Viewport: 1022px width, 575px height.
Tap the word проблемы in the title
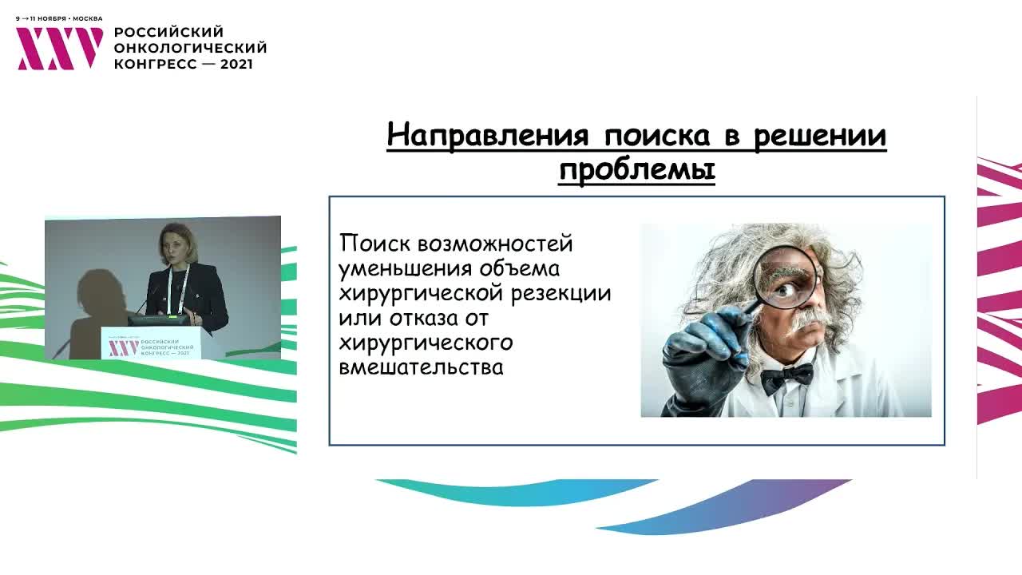pyautogui.click(x=636, y=170)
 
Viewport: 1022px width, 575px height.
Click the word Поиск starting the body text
pyautogui.click(x=374, y=243)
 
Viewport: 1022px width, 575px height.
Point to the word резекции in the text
pyautogui.click(x=566, y=293)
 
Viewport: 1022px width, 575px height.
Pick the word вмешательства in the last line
pyautogui.click(x=421, y=368)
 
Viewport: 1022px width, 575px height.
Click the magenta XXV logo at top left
pyautogui.click(x=60, y=49)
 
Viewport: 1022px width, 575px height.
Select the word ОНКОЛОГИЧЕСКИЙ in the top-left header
pyautogui.click(x=190, y=48)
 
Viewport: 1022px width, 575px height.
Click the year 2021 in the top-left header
pyautogui.click(x=236, y=64)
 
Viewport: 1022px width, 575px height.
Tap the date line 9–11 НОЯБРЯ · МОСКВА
pyautogui.click(x=59, y=18)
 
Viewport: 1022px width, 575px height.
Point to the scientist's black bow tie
pyautogui.click(x=786, y=375)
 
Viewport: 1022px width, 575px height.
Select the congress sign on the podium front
pyautogui.click(x=151, y=343)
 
